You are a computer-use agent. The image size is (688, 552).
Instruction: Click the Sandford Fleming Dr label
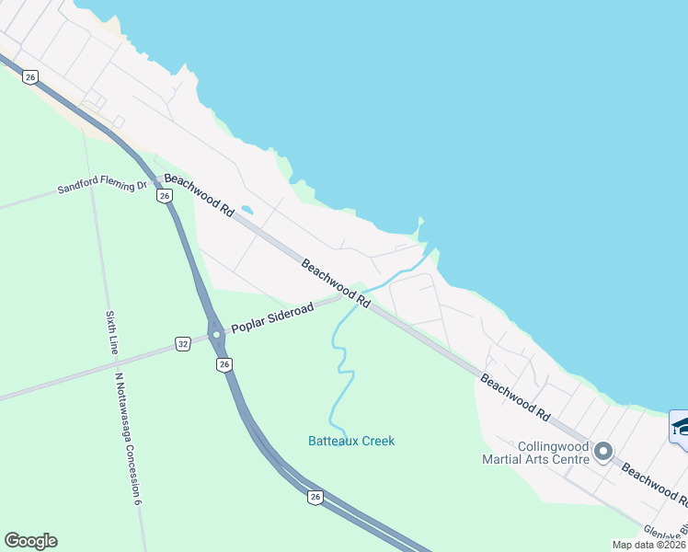(102, 187)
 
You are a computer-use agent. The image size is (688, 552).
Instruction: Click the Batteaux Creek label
(351, 441)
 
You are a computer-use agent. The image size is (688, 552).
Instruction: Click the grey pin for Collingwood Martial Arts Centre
(603, 451)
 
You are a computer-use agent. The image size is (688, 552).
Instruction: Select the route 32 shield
(183, 344)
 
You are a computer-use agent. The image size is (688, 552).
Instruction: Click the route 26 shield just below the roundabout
(224, 365)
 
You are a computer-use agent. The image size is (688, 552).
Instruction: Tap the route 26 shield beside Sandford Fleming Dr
(164, 196)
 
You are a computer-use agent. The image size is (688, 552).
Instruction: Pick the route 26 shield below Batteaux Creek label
(315, 497)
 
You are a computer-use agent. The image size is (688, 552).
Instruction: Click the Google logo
(30, 541)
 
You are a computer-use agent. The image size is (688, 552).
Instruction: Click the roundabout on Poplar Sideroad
(216, 335)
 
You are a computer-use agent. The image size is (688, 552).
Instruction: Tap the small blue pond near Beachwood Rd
(246, 209)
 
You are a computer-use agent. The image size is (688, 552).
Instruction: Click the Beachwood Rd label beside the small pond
(199, 195)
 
